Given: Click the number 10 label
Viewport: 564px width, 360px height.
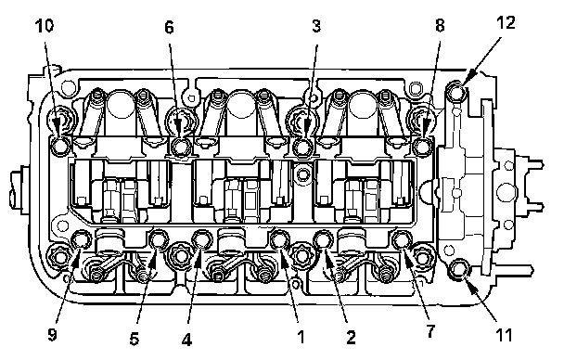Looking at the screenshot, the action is coord(45,26).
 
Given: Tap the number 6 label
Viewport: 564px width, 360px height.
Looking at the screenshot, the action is coord(169,27).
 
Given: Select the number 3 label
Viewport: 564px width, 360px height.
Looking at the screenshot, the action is coord(316,26).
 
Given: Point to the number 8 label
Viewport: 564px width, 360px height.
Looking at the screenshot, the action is coord(440,26).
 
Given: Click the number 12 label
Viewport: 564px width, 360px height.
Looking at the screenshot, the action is coord(506,22).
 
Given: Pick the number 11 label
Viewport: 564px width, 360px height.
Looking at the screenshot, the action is coord(504,335).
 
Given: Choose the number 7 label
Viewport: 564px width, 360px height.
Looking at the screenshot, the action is coord(430,331).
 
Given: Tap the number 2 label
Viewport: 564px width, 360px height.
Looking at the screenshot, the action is coord(351,338).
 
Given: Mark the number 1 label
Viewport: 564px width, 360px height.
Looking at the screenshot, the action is coord(301,337).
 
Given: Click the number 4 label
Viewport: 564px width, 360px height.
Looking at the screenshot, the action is coord(186,340).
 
